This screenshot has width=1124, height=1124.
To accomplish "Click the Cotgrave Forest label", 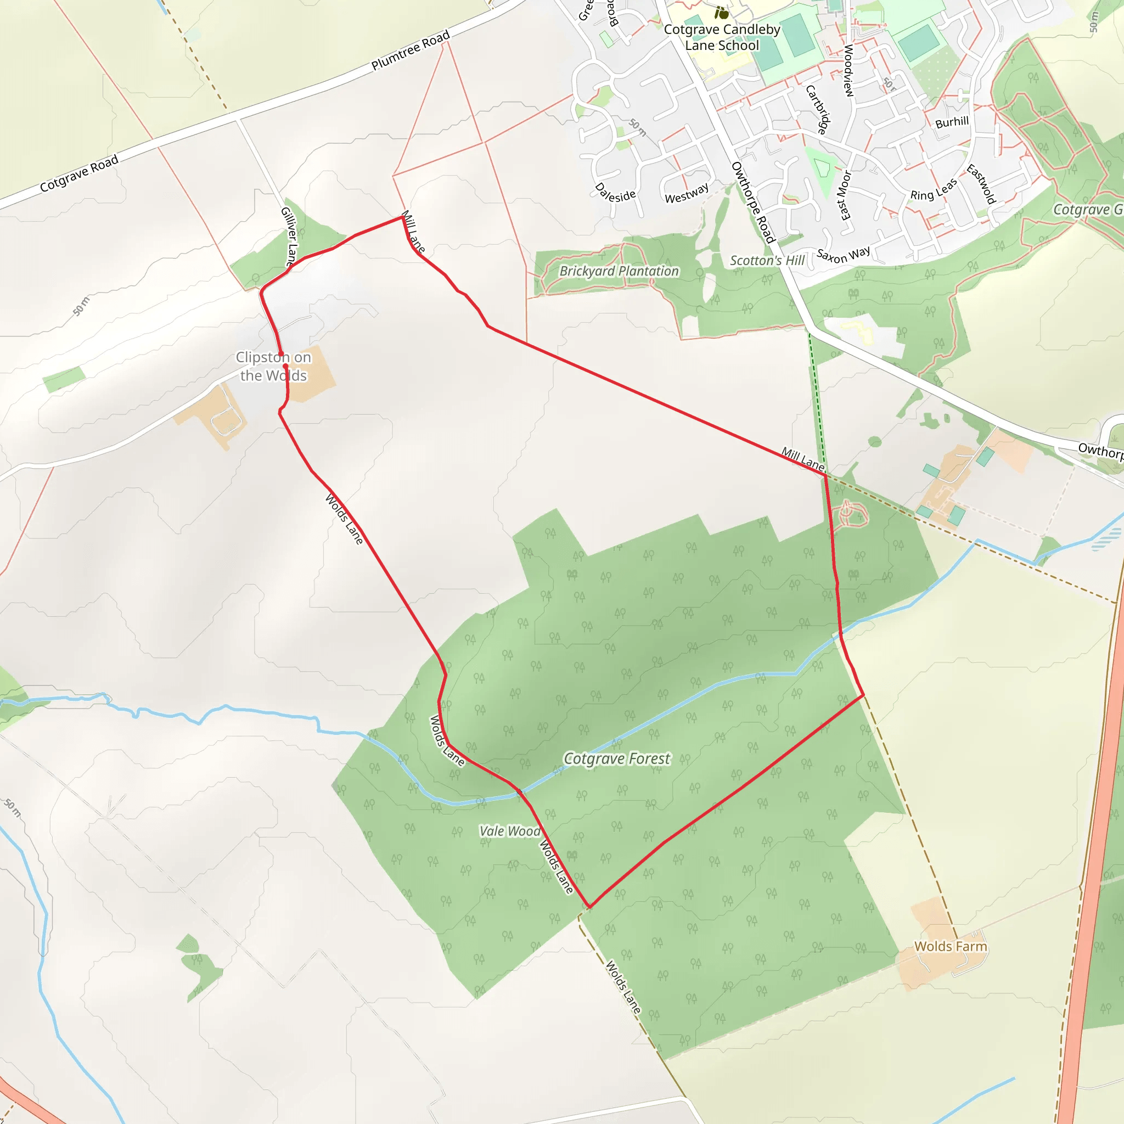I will [x=617, y=758].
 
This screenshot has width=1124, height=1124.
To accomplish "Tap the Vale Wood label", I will [x=510, y=831].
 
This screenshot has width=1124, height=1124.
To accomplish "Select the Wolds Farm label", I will [x=951, y=947].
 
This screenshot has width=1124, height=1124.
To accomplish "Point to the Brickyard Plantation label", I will [x=619, y=271].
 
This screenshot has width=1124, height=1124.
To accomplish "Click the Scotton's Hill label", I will [x=767, y=261].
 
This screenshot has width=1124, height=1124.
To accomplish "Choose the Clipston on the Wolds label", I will [x=273, y=367].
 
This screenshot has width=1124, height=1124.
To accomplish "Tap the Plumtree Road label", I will [x=411, y=50].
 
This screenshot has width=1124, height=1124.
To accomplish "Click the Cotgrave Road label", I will [x=79, y=173].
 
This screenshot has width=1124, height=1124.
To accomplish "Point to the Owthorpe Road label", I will [x=753, y=203].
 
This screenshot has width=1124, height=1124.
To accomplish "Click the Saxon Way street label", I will [x=844, y=255].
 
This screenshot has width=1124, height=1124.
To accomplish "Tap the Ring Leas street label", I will [x=934, y=190].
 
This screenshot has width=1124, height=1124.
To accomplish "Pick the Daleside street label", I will [x=615, y=193].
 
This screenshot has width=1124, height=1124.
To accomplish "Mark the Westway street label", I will [x=687, y=193].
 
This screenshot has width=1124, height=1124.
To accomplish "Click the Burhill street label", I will [x=952, y=122].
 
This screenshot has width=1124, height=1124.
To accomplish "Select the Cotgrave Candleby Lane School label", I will [x=722, y=37].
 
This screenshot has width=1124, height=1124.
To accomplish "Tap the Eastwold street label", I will [x=981, y=184].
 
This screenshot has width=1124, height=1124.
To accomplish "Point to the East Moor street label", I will [x=844, y=195].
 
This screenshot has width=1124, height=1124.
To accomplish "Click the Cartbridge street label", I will [x=817, y=109].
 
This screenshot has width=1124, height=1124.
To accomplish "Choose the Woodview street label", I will [x=848, y=70].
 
